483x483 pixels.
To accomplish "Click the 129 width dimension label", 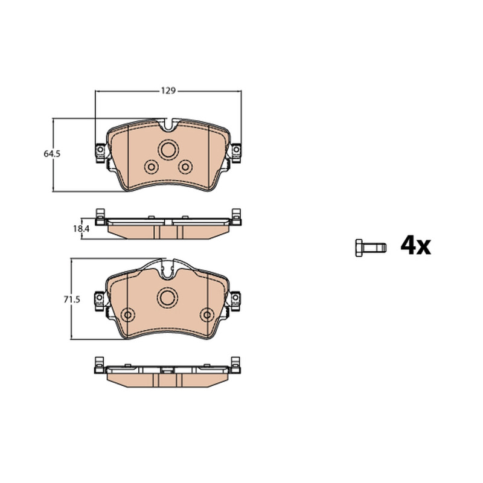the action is click(168, 91).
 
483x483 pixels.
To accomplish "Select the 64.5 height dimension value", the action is click(52, 154).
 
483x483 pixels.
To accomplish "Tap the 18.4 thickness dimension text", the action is click(81, 229).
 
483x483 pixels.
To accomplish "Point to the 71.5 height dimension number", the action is click(72, 299).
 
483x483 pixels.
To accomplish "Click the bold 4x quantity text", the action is click(415, 246).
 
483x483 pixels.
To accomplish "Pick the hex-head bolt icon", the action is click(371, 248).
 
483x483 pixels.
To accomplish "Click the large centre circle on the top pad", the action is click(168, 150).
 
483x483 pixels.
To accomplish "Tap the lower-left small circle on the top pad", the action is click(152, 167).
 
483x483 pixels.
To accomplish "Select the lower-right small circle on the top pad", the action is click(185, 167).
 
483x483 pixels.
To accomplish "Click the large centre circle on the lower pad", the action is click(168, 298).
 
